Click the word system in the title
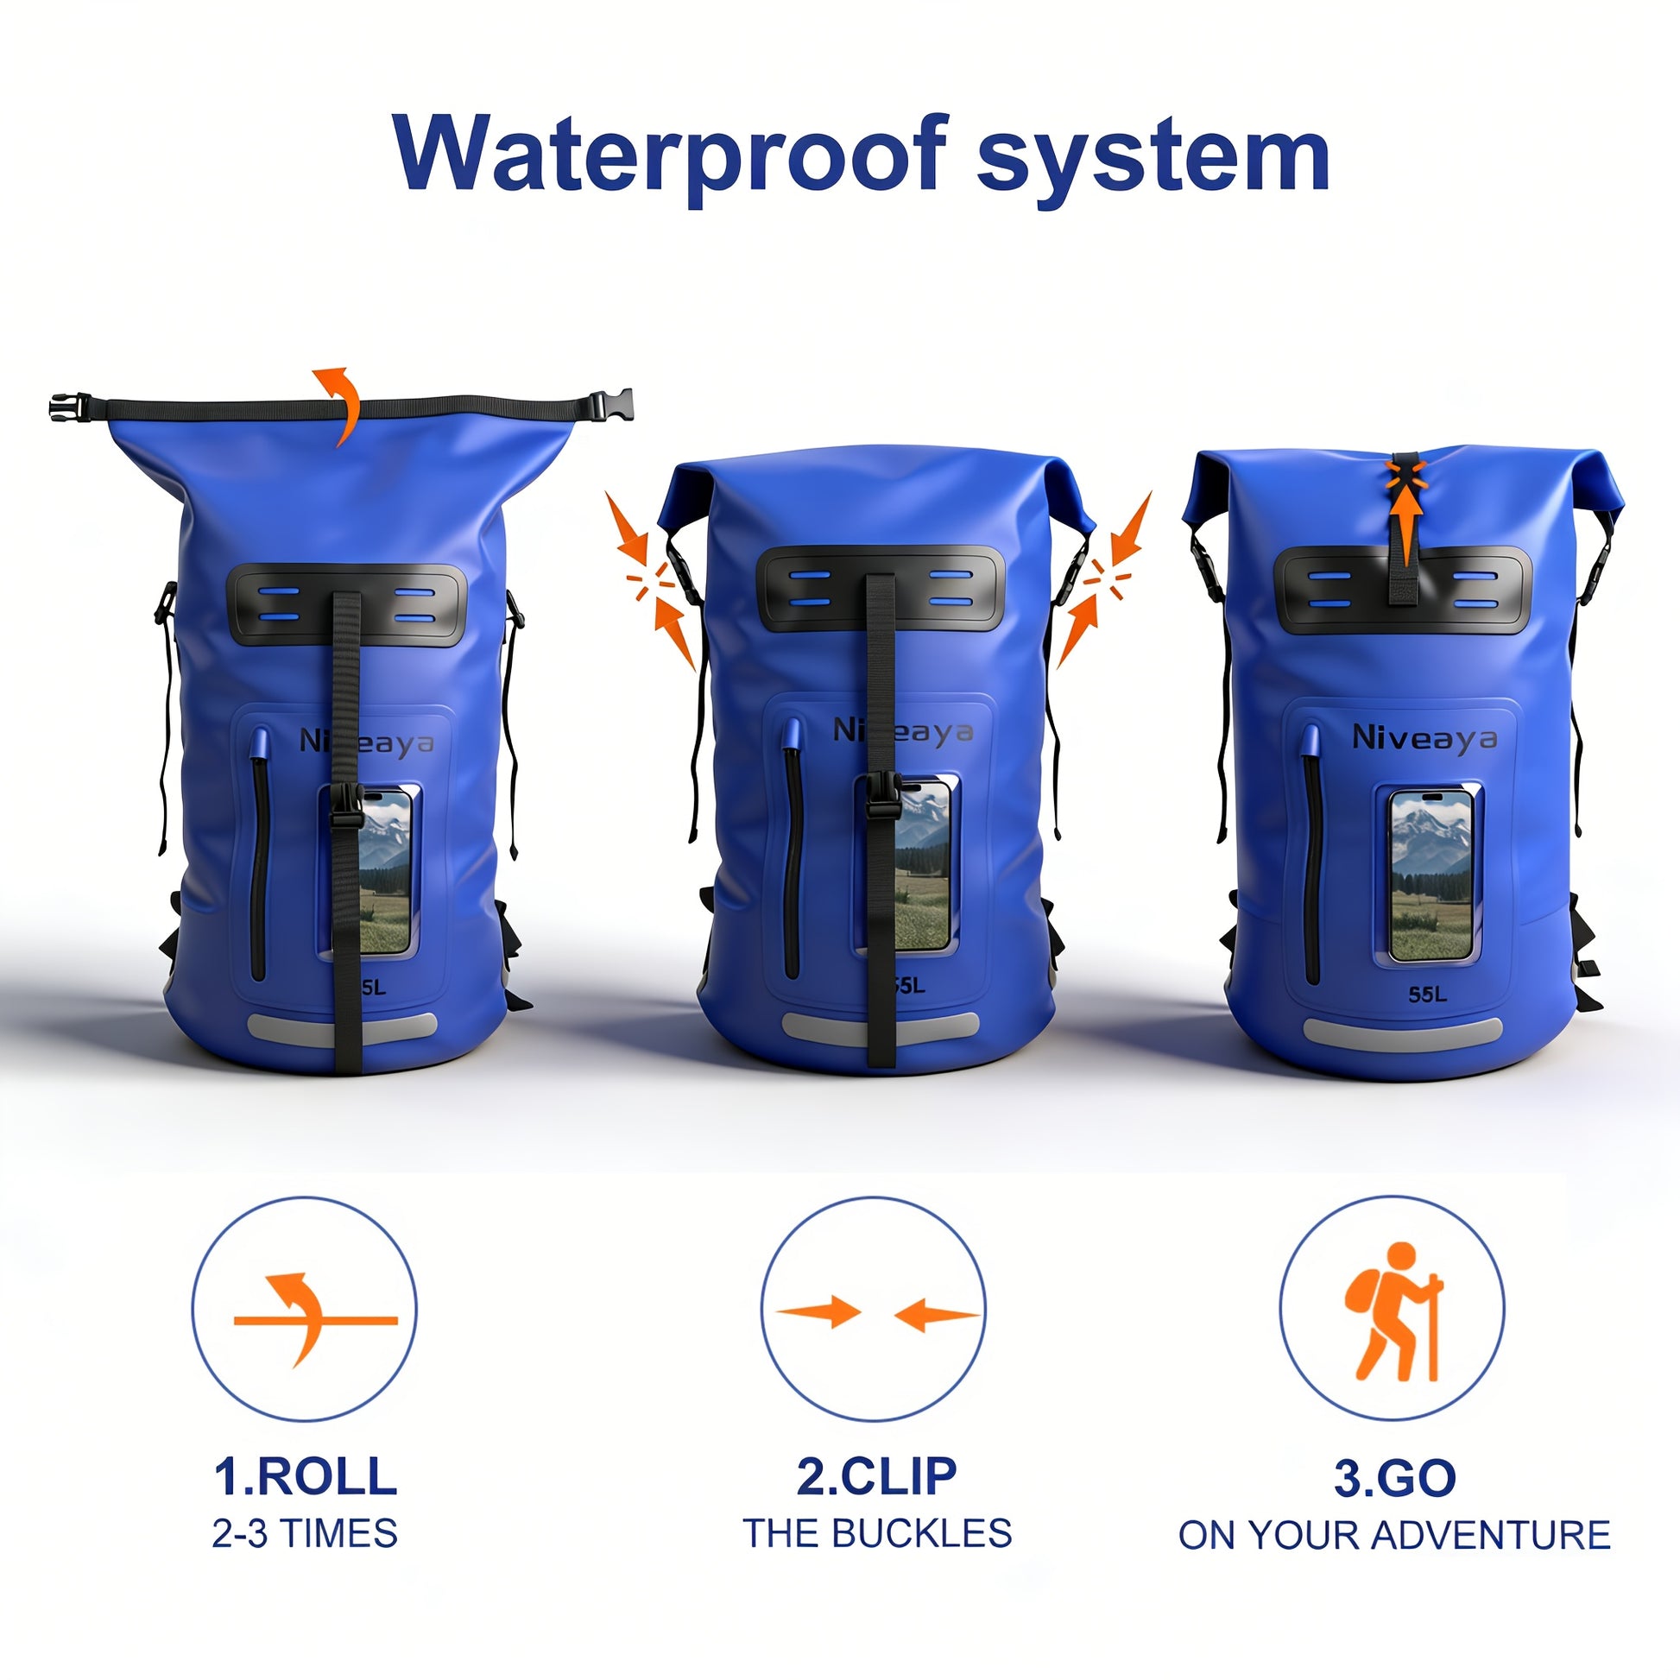[x=1153, y=157]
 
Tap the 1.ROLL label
[x=306, y=1475]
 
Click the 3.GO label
[x=1394, y=1477]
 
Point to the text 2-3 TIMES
[x=305, y=1532]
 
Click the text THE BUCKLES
[x=876, y=1532]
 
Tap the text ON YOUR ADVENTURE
[x=1394, y=1535]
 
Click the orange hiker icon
[x=1393, y=1312]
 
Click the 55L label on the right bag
[x=1427, y=993]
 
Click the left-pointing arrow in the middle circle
[x=936, y=1316]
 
